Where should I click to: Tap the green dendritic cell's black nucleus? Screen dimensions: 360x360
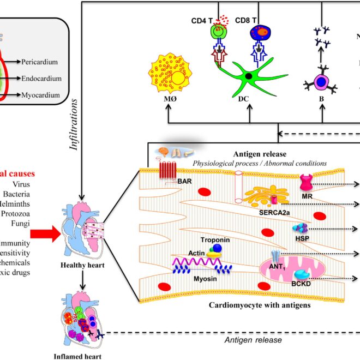pos(248,75)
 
